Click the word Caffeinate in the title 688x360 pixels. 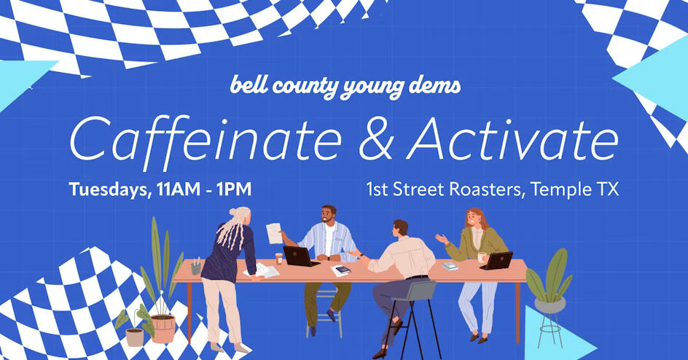206,139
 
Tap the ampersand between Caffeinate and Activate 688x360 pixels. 376,138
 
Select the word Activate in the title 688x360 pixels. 512,138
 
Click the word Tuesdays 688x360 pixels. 108,190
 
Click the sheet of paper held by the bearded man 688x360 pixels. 274,233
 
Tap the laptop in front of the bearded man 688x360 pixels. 300,256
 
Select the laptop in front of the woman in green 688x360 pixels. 497,260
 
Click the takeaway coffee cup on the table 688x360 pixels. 278,259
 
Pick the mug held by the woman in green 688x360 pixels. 481,257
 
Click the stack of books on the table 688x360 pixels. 450,266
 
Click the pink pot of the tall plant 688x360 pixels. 163,329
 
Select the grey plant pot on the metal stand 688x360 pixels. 550,305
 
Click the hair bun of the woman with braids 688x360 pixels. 241,212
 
